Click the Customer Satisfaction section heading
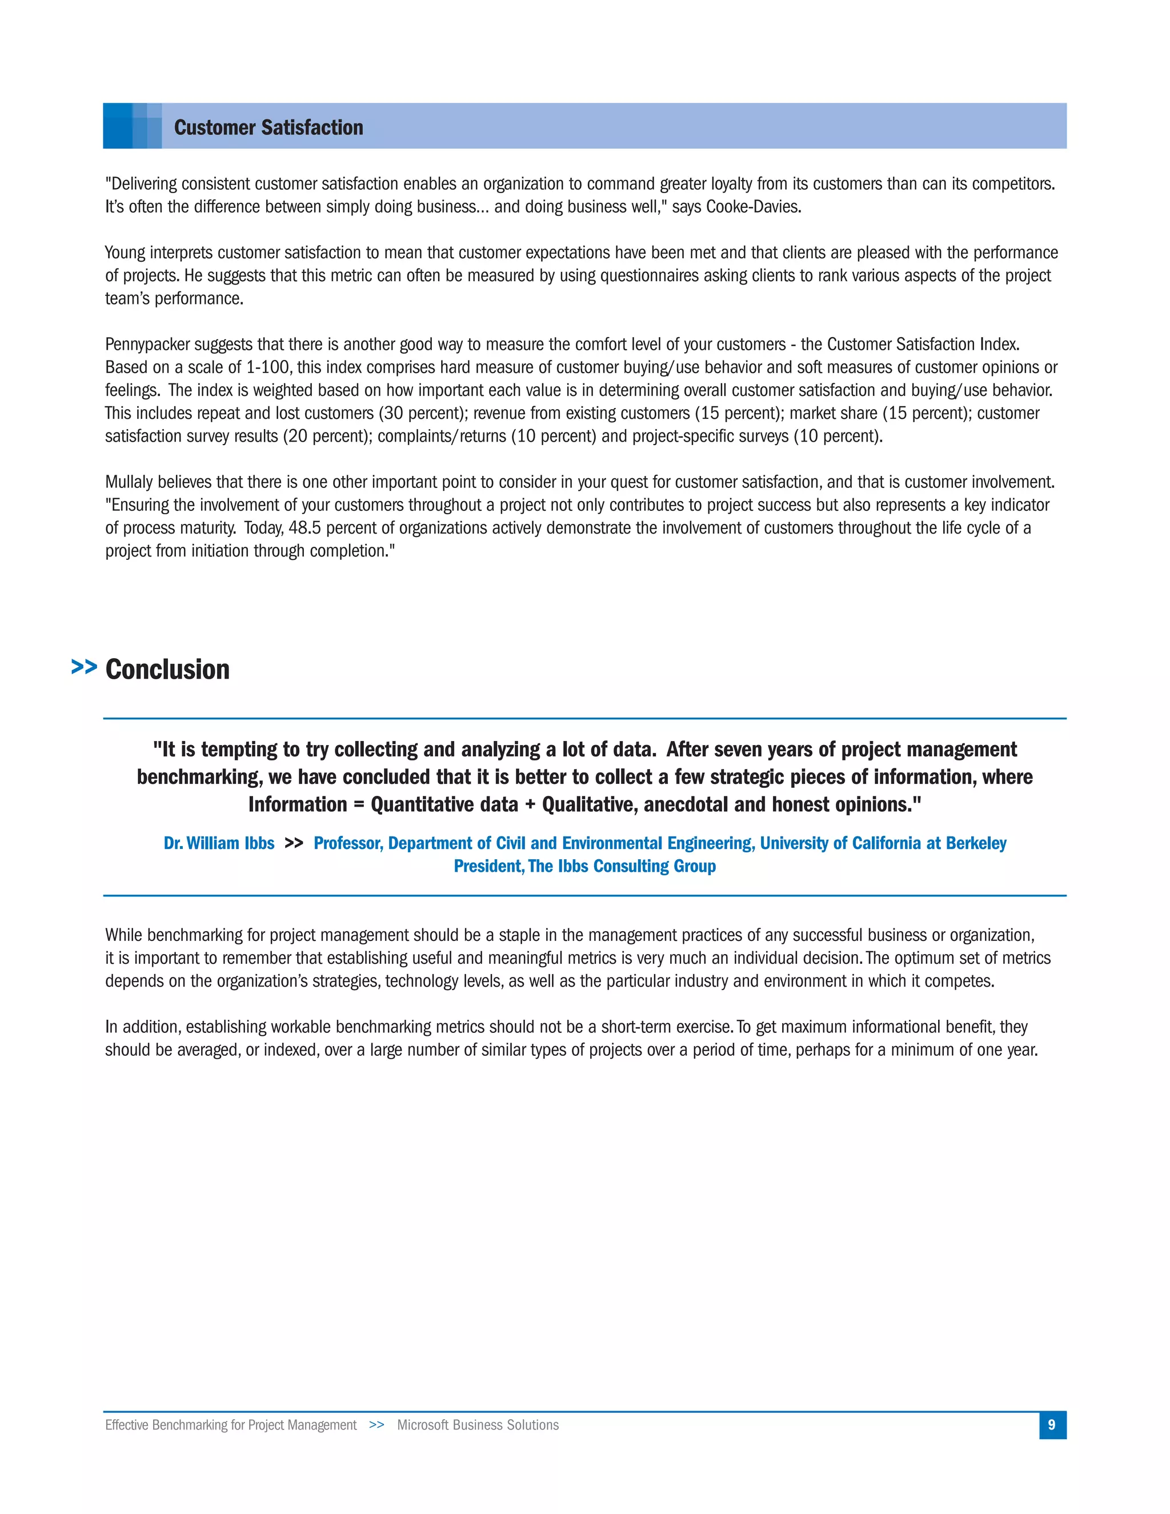(269, 127)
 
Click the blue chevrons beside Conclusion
(84, 667)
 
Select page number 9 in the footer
(1052, 1424)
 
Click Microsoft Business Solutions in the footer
(478, 1424)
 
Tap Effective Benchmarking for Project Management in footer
(231, 1424)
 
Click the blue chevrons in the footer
(376, 1424)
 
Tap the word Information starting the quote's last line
(297, 804)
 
